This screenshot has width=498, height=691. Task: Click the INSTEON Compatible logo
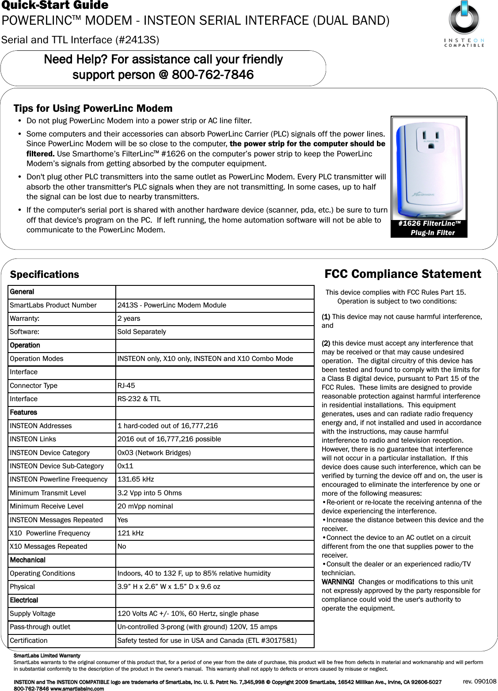click(x=464, y=24)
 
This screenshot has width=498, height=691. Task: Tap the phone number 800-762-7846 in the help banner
click(x=213, y=75)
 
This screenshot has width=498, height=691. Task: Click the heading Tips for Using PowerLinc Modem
click(x=93, y=108)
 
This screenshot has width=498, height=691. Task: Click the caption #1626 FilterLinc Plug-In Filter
click(x=429, y=228)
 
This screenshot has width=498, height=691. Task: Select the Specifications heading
click(x=44, y=274)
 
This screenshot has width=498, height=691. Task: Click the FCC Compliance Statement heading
click(x=403, y=274)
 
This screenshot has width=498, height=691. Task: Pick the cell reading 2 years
click(x=129, y=319)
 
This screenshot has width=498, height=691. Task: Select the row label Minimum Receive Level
click(x=46, y=506)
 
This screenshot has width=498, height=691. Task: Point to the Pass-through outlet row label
click(x=40, y=627)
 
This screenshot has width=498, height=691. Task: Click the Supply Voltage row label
click(x=33, y=614)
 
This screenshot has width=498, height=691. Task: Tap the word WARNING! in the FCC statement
click(x=338, y=582)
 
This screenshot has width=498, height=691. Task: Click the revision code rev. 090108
click(x=479, y=681)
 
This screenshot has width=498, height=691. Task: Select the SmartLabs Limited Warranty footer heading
click(x=47, y=656)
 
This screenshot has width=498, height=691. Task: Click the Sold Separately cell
click(x=141, y=332)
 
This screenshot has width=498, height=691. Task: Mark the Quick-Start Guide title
click(x=55, y=5)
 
